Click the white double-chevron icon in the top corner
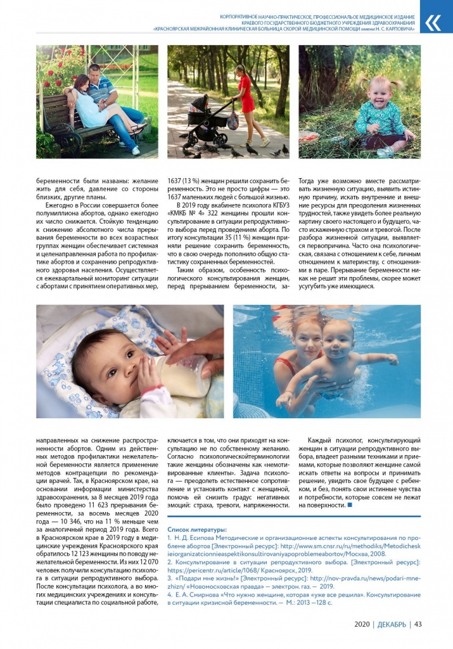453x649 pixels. (433, 23)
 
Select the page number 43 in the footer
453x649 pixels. (418, 624)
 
